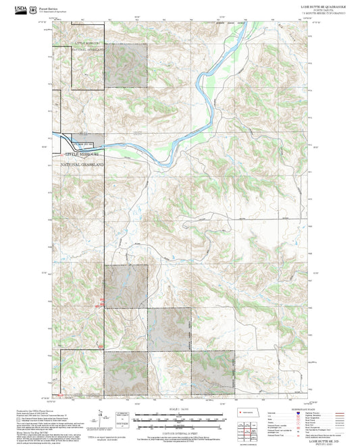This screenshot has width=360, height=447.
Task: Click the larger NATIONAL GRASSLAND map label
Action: tap(83, 164)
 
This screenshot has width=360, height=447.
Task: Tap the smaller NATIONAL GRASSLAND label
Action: tap(88, 49)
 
